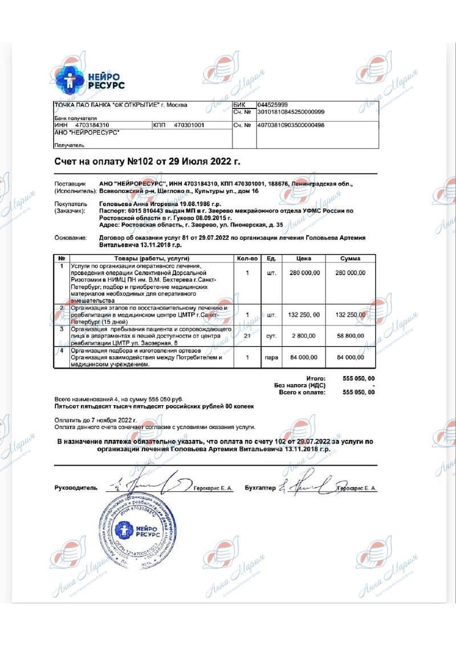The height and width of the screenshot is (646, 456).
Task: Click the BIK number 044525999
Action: [272, 105]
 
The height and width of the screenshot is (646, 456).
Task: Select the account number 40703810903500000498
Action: [291, 124]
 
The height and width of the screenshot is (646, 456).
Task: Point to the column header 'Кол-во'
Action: [247, 259]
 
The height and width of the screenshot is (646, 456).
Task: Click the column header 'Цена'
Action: [304, 259]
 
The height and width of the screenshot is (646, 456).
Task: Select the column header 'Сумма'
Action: [350, 259]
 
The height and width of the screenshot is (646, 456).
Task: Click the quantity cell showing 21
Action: [247, 337]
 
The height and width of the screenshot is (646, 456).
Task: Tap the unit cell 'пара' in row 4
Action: [272, 357]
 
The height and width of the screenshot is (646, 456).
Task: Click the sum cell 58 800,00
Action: [350, 337]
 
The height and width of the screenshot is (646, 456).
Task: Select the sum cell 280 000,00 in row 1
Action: [350, 273]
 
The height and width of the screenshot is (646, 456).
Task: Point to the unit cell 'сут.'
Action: [272, 337]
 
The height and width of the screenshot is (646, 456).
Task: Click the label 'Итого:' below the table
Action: [315, 378]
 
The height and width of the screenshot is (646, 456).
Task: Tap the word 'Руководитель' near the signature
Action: [76, 488]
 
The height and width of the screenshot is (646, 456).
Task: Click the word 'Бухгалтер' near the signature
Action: [260, 488]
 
